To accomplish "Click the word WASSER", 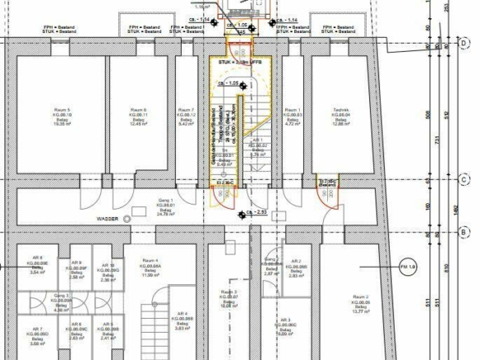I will click(107, 219).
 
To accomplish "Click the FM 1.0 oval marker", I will click(408, 268).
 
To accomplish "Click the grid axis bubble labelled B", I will click(464, 233).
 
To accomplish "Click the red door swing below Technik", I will click(328, 194).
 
